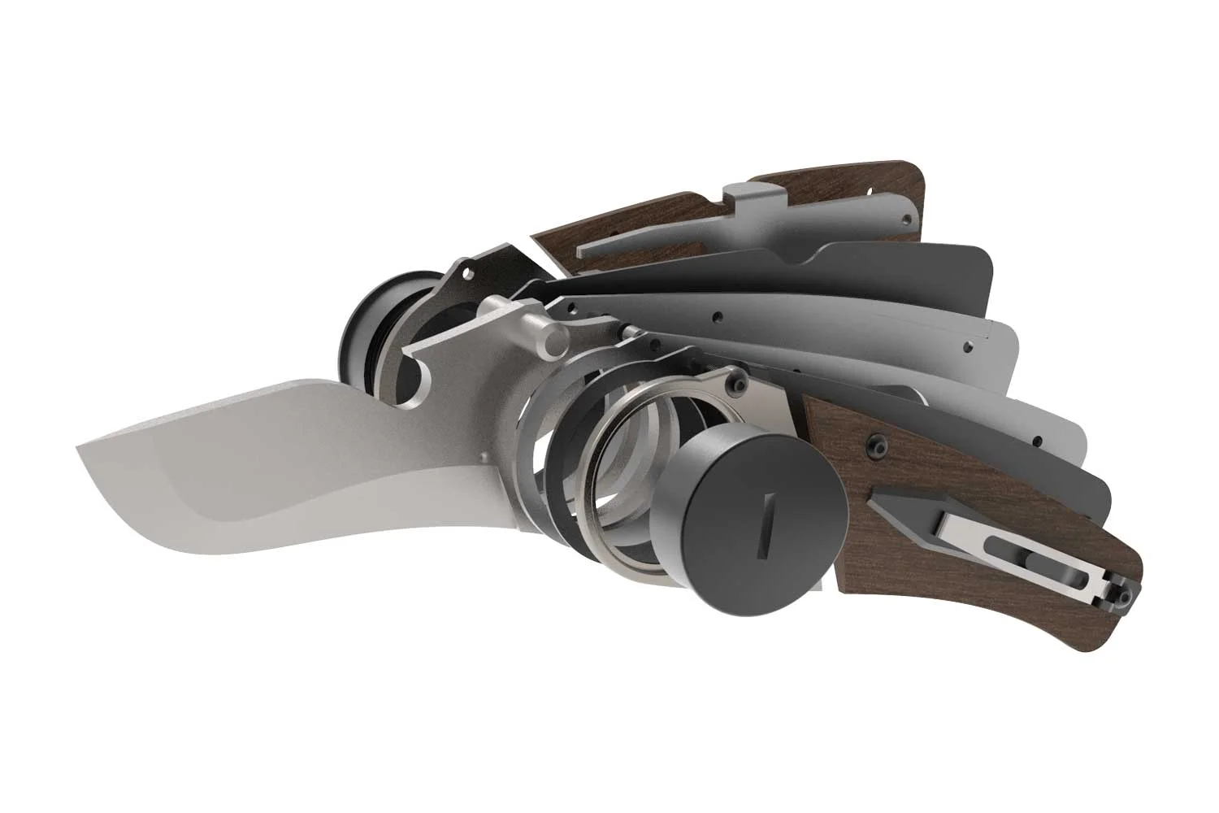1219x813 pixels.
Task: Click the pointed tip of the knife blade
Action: pos(79,447)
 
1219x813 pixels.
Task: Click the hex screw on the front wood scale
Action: pos(877,445)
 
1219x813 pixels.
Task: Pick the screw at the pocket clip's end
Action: pos(1124,598)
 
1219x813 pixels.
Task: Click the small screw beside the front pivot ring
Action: pos(737,380)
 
